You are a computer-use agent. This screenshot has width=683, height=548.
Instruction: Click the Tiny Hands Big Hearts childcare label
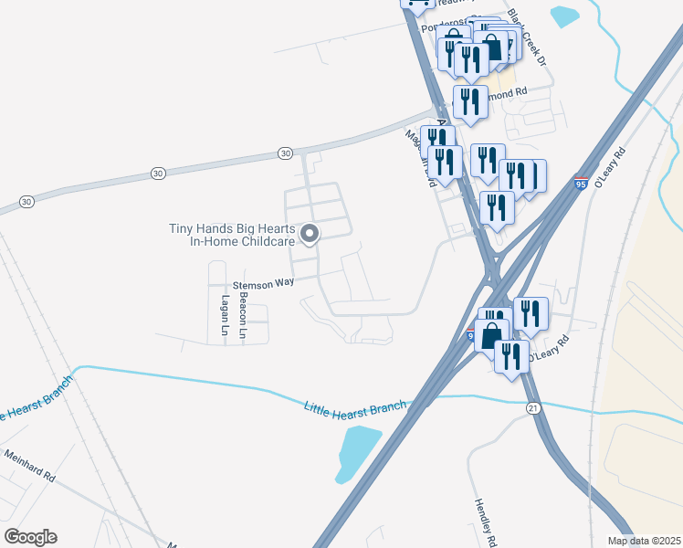pyautogui.click(x=231, y=235)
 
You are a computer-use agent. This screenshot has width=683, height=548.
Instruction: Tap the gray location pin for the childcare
pyautogui.click(x=310, y=235)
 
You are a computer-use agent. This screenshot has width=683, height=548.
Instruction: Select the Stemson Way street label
pyautogui.click(x=263, y=283)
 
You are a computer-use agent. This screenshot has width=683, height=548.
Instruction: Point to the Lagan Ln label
pyautogui.click(x=224, y=312)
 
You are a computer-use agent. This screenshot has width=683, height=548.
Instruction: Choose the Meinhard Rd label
pyautogui.click(x=29, y=465)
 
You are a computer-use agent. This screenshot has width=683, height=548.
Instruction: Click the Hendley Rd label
pyautogui.click(x=485, y=523)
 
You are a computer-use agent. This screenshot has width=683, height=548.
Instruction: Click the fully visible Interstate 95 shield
pyautogui.click(x=581, y=184)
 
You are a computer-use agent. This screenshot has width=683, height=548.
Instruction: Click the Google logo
pyautogui.click(x=30, y=536)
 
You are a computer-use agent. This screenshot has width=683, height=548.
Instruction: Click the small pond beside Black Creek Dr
pyautogui.click(x=564, y=16)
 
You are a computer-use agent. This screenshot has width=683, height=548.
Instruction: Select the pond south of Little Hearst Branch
pyautogui.click(x=357, y=451)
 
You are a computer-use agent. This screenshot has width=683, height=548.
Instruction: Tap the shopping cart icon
pyautogui.click(x=416, y=4)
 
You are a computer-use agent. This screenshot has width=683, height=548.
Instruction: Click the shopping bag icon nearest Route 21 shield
pyautogui.click(x=491, y=334)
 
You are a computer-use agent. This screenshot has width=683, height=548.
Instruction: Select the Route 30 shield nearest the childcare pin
pyautogui.click(x=285, y=153)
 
